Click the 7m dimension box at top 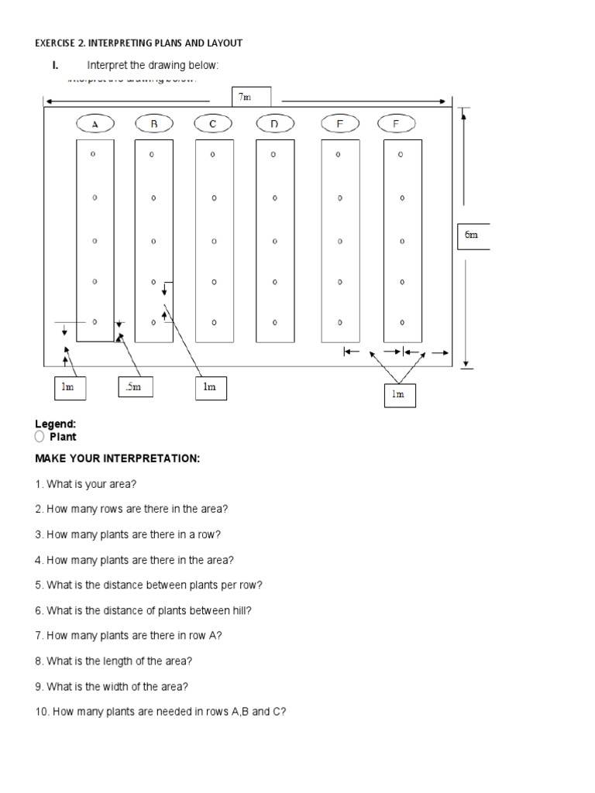tap(251, 96)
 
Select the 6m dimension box tap(472, 235)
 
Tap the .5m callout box tap(135, 387)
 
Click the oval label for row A tap(95, 124)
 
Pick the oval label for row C tap(212, 124)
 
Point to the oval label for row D tap(273, 124)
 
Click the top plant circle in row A tap(93, 154)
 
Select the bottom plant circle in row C tap(214, 321)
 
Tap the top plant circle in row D tap(273, 155)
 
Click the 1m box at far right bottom tap(398, 394)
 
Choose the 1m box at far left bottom tap(68, 387)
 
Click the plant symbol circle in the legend tap(40, 437)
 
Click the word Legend tap(55, 424)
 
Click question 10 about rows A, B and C tap(160, 712)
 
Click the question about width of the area tap(112, 686)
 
